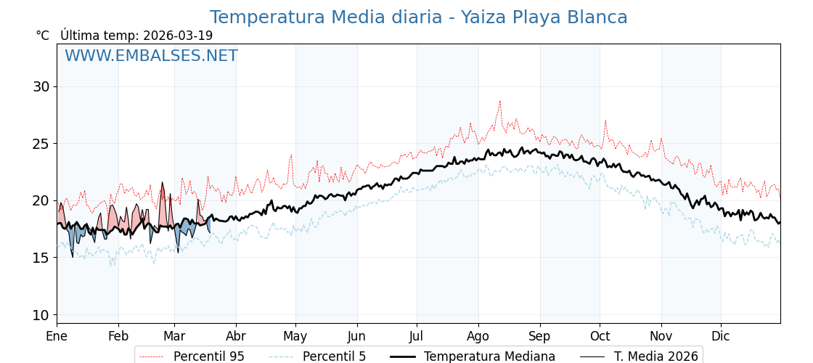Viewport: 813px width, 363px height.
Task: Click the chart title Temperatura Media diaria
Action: coord(418,17)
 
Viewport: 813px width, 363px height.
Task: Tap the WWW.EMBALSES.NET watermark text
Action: coord(151,56)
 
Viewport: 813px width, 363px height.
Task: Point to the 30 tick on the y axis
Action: coord(41,86)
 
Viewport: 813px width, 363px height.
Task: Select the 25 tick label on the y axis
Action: coord(41,144)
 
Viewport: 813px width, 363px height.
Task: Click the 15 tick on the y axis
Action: coord(41,258)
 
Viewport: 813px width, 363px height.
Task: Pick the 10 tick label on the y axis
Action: coord(41,314)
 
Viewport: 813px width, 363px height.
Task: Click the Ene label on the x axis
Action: coord(57,336)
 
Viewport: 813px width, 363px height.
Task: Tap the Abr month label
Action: coord(236,336)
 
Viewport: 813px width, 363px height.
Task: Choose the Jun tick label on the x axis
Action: coord(356,336)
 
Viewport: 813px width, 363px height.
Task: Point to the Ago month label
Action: coord(478,336)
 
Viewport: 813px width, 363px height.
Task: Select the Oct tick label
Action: coord(600,336)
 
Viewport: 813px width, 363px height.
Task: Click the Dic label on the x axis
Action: coord(721,336)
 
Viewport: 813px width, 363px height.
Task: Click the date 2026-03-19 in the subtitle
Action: coord(178,36)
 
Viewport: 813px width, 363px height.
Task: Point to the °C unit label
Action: coord(42,36)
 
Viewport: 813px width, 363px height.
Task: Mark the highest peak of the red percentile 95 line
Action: coord(499,102)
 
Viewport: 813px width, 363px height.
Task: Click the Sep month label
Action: coord(539,336)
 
